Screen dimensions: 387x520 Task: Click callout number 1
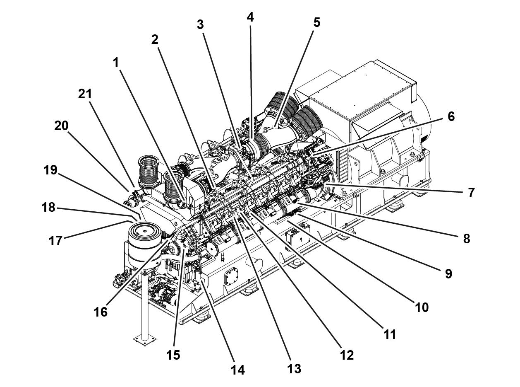coord(116,63)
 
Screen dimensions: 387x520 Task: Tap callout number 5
coord(316,22)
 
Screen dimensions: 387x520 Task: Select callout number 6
coord(451,117)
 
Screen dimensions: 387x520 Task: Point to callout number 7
coord(471,193)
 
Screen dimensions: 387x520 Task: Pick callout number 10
coord(422,307)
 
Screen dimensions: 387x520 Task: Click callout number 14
coord(238,370)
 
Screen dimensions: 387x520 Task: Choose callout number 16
coord(101,312)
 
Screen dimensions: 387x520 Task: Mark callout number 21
coord(85,94)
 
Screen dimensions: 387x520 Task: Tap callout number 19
coord(50,170)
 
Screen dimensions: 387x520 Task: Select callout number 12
coord(347,355)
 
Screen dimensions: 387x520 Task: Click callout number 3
coord(200,25)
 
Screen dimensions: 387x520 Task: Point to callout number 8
coord(466,239)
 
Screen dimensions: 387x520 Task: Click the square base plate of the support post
coord(145,340)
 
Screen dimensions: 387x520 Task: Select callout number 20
coord(61,126)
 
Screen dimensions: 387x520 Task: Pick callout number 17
coord(55,240)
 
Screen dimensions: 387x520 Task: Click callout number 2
coord(155,40)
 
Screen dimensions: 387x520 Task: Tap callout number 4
coord(250,17)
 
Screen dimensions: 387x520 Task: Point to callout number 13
coord(294,368)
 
